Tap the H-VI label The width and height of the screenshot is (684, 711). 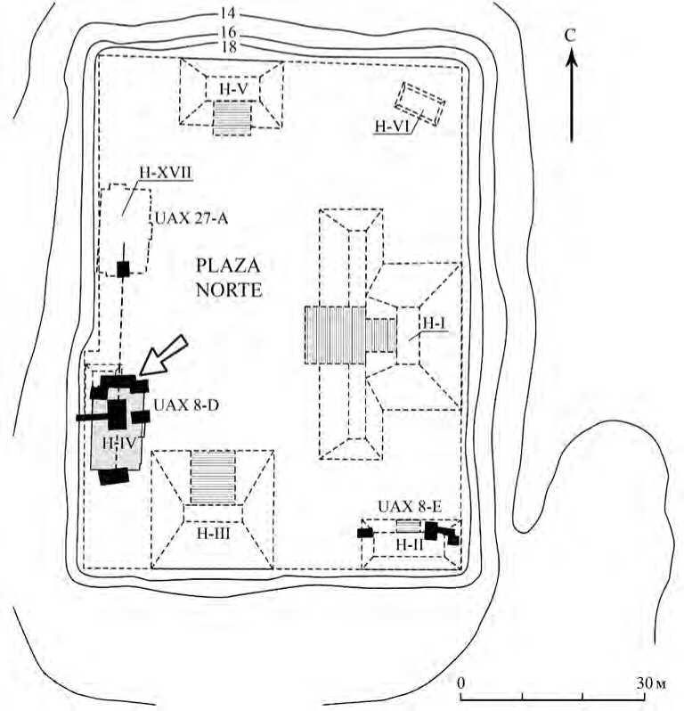pos(391,127)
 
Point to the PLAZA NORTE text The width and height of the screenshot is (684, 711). pos(228,277)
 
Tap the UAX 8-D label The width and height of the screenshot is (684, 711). pos(187,405)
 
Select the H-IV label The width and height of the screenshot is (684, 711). pos(116,441)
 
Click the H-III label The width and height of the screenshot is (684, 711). pos(212,532)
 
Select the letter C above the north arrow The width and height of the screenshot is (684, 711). pos(573,36)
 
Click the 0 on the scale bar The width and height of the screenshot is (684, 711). pos(461,682)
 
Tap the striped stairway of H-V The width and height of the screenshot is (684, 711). pos(232,118)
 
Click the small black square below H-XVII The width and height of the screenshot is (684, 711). pos(123,268)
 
